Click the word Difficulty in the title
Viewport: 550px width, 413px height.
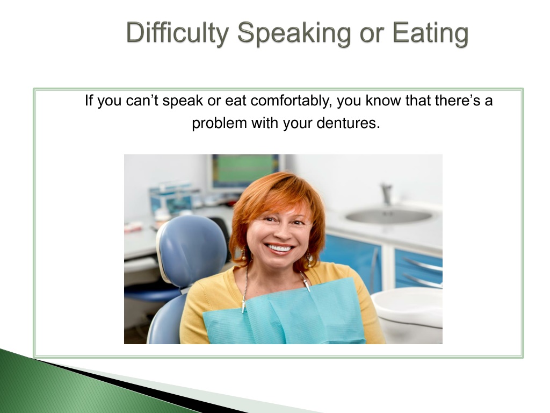pos(177,33)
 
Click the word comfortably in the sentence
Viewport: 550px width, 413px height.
pos(291,101)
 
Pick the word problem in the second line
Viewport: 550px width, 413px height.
pos(219,124)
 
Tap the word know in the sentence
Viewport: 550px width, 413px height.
pos(383,101)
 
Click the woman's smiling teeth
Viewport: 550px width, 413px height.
pos(280,249)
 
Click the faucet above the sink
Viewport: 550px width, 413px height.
pos(387,194)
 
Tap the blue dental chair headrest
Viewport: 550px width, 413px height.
pos(192,250)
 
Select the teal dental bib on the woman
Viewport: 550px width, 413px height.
pos(284,312)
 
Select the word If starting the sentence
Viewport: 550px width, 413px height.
pos(89,101)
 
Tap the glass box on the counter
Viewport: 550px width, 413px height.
pos(171,198)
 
